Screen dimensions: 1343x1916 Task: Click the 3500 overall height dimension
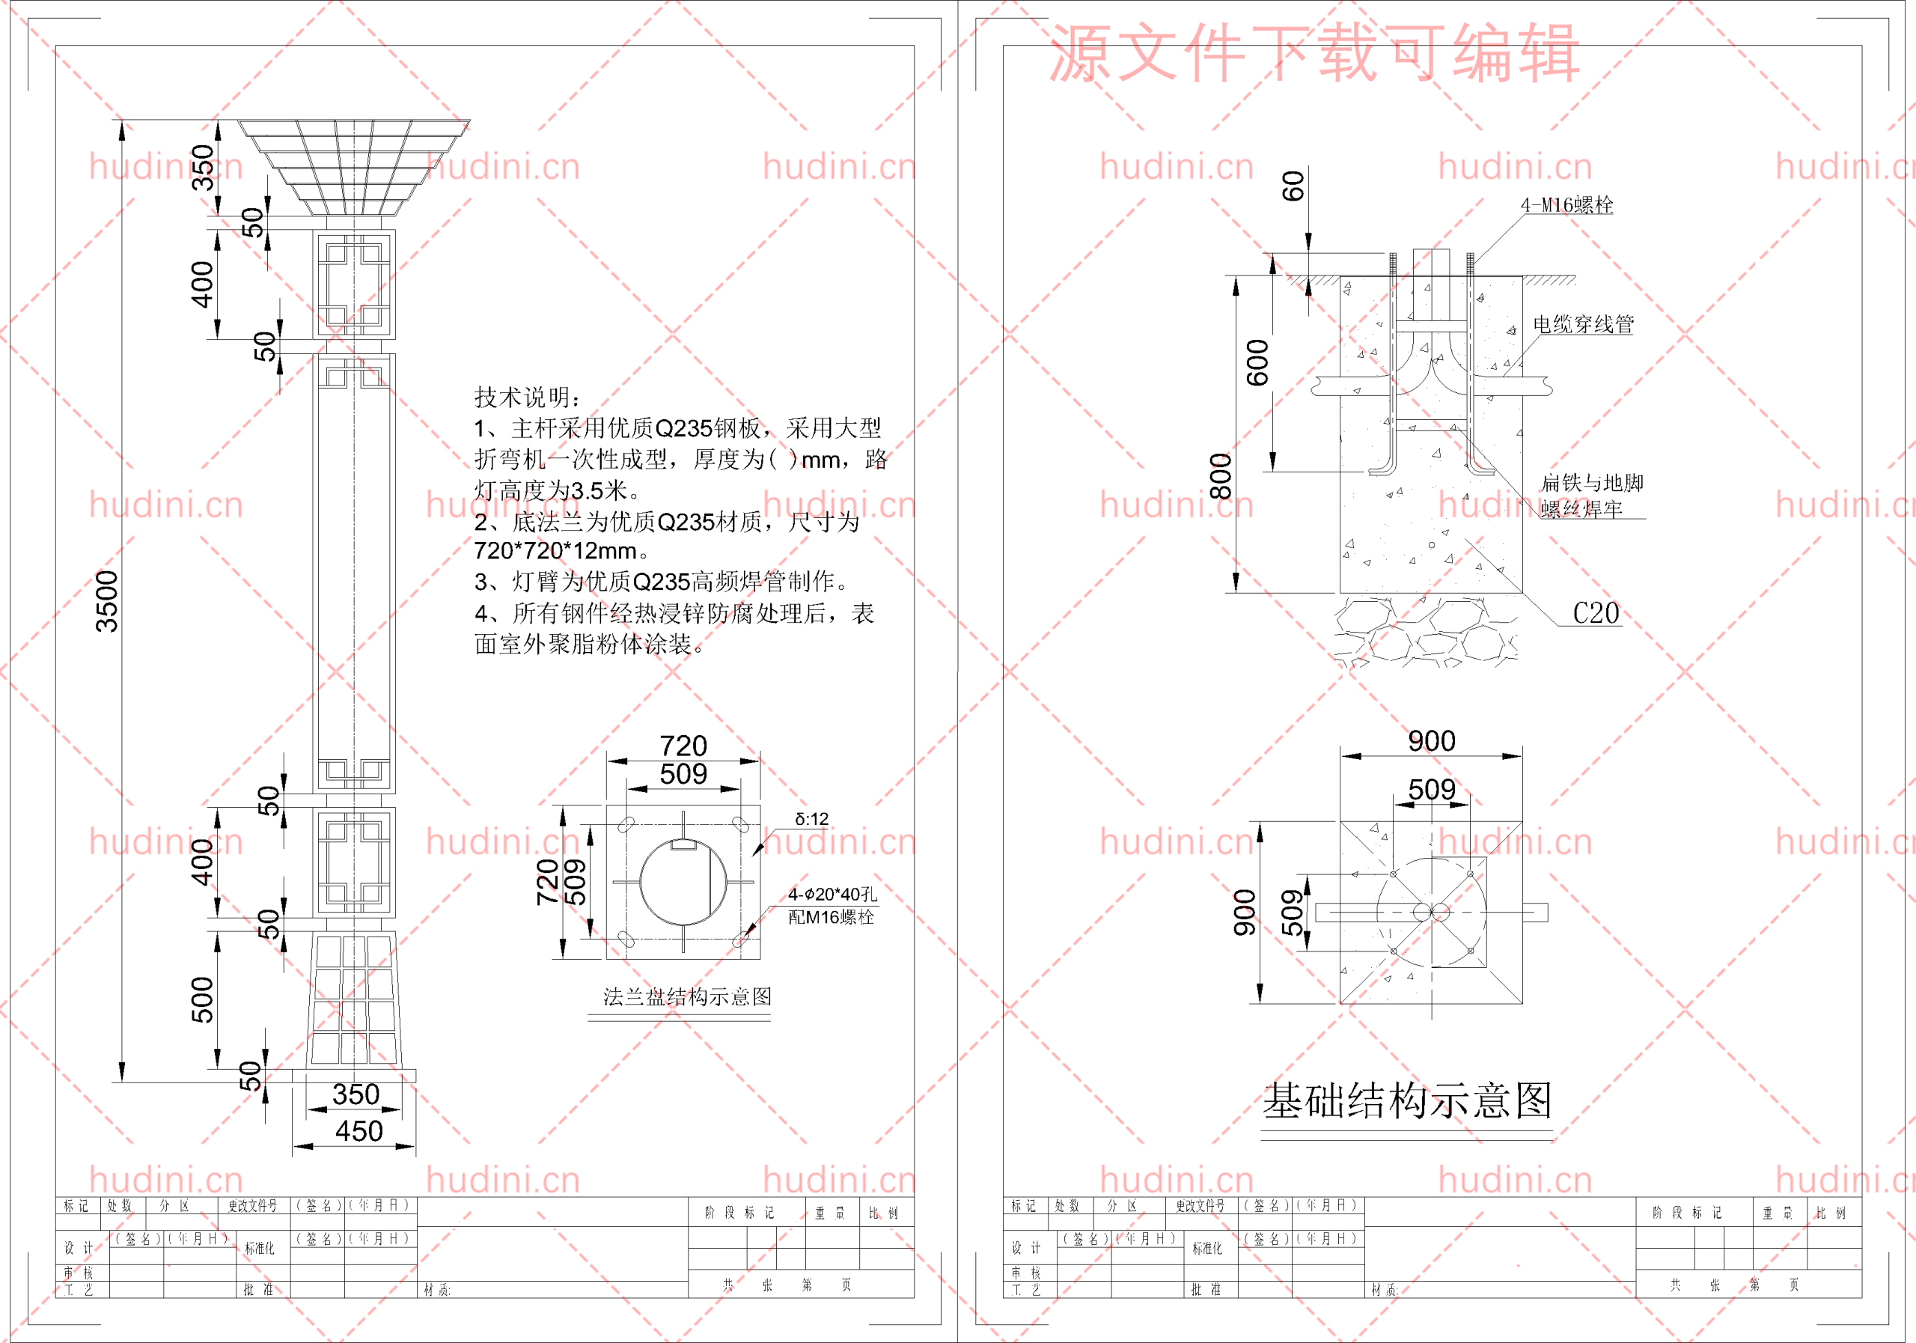[107, 601]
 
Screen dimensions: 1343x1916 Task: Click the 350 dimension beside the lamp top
[203, 167]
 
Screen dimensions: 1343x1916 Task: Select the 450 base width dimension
[359, 1131]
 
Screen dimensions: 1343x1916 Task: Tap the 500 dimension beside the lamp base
[203, 999]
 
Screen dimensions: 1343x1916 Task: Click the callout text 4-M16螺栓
[1566, 205]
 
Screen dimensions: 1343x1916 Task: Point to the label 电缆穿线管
[1583, 324]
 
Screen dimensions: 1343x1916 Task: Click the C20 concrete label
[1596, 614]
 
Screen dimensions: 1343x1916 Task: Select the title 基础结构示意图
[1407, 1101]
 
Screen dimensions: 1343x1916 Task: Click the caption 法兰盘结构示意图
[687, 996]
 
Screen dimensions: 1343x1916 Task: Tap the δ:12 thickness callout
[811, 820]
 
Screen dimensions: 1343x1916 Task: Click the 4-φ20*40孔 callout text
[832, 895]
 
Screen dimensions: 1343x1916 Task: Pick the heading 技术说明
[528, 398]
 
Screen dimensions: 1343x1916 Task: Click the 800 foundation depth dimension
[1221, 476]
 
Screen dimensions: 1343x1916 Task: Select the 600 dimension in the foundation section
[1257, 362]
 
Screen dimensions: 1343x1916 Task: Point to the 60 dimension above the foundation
[1293, 186]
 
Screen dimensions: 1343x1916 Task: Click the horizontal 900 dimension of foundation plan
[1431, 741]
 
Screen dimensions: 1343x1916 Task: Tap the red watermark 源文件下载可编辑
[1314, 53]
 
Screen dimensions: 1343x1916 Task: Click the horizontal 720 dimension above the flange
[683, 746]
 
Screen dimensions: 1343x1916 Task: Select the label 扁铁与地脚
[1591, 482]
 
